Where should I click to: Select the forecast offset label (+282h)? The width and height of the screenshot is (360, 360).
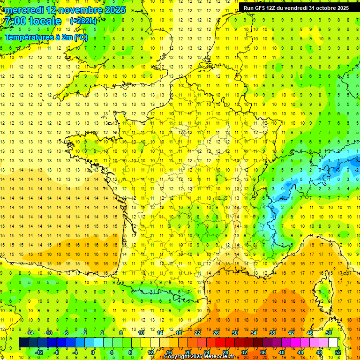[x=83, y=21]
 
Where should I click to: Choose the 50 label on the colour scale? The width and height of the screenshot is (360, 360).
[x=329, y=333]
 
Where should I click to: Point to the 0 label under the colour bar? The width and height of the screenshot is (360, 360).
[x=93, y=352]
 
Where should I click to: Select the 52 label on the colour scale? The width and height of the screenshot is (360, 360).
[x=337, y=352]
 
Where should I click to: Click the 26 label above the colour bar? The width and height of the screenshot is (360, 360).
[x=216, y=333]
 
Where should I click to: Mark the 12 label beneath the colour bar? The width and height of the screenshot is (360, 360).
[x=150, y=352]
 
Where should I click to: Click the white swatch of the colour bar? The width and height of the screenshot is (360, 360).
[x=333, y=343]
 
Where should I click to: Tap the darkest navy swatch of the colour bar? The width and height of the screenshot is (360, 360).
[x=23, y=343]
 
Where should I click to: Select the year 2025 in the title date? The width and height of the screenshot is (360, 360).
[x=114, y=10]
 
